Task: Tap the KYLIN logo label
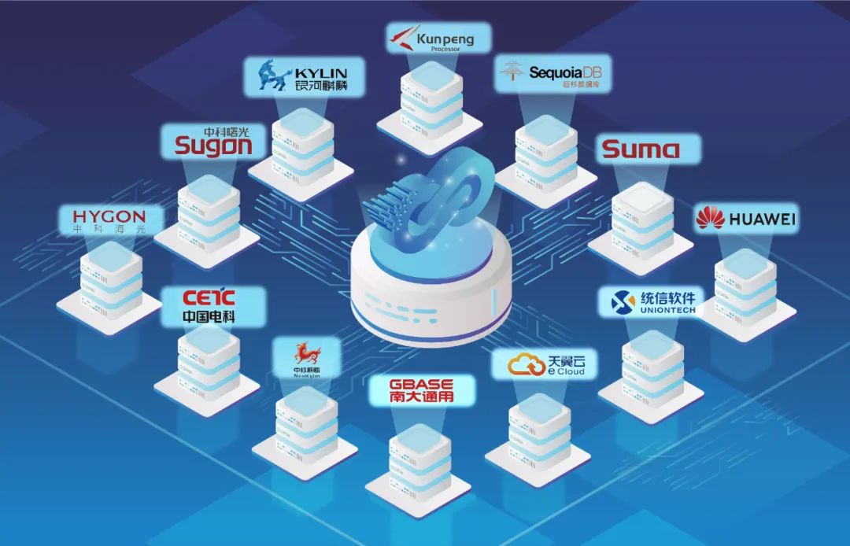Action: [304, 76]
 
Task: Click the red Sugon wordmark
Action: [213, 145]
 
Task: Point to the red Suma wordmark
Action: [640, 149]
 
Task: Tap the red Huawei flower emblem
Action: [710, 218]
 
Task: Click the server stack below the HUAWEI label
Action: [745, 286]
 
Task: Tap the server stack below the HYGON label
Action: [111, 279]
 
